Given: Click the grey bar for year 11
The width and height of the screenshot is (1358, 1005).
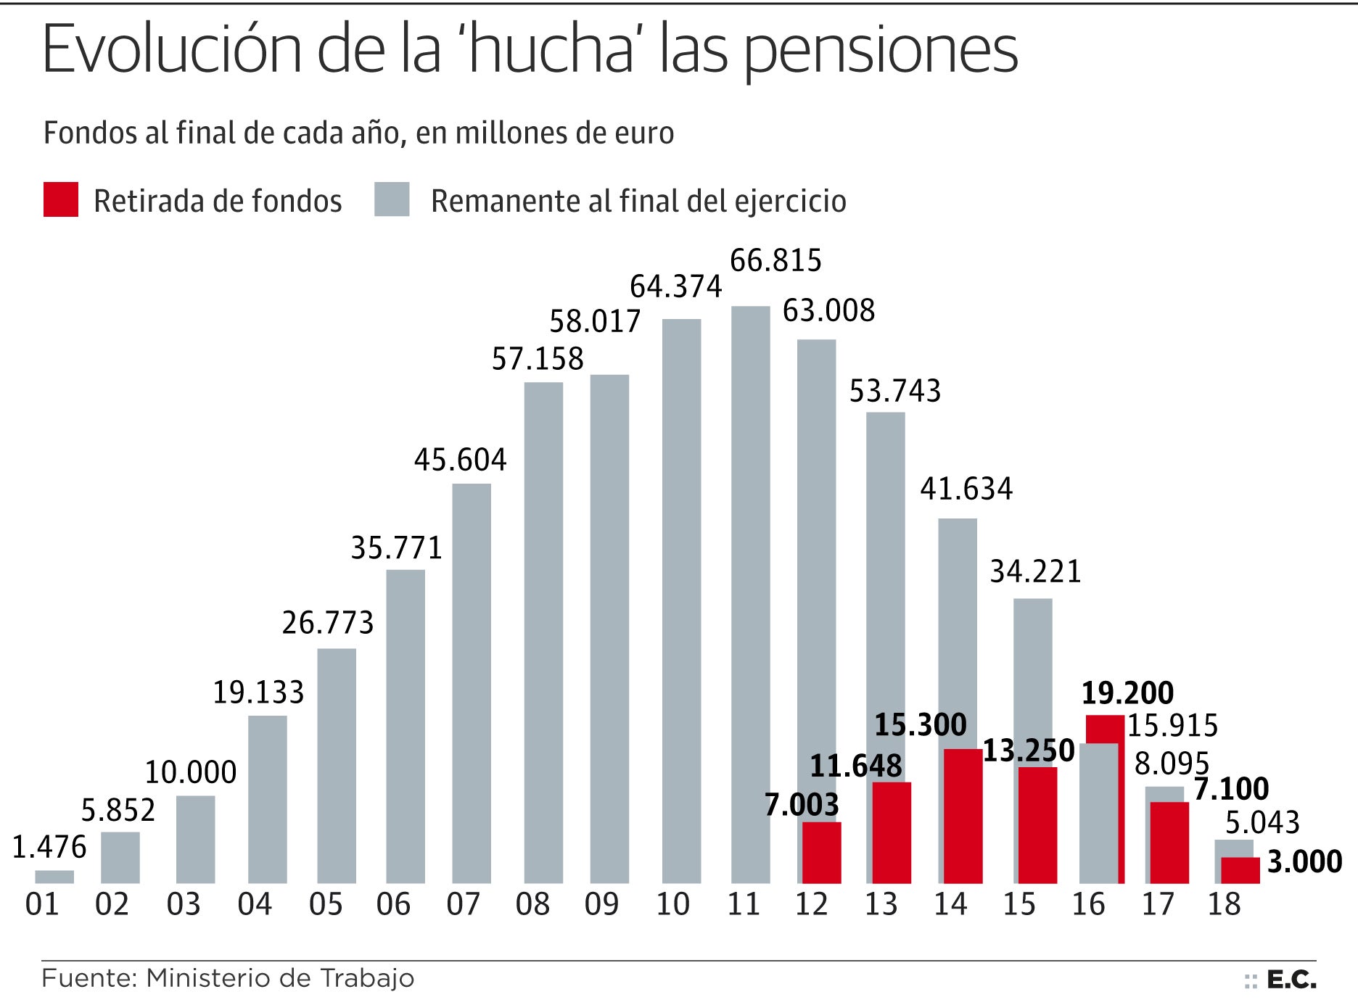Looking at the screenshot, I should click(750, 595).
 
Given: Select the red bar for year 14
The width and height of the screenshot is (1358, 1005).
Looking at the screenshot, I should click(963, 816).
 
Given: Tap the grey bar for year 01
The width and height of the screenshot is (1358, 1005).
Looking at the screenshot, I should click(54, 877).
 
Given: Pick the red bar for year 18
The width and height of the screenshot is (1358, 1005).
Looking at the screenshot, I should click(1240, 870).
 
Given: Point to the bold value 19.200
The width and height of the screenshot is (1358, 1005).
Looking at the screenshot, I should click(1127, 693).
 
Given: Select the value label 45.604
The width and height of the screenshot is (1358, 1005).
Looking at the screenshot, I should click(460, 460).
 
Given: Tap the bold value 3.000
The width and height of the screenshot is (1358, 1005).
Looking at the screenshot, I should click(1304, 861).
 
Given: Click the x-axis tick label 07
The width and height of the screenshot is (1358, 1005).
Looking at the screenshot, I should click(463, 904).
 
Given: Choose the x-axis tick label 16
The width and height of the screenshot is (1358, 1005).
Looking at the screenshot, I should click(1088, 904).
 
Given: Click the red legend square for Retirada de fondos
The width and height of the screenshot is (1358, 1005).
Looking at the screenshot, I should click(61, 200).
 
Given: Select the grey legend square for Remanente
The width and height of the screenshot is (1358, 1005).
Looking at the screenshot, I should click(392, 200).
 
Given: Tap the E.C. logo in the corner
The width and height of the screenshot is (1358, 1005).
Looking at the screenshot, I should click(1291, 980).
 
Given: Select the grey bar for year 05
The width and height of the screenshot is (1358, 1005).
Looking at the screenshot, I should click(337, 766).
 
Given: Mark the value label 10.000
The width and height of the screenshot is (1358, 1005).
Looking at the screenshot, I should click(191, 773).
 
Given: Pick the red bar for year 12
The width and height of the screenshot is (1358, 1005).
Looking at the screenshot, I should click(822, 853).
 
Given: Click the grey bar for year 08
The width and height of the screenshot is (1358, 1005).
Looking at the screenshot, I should click(543, 632).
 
